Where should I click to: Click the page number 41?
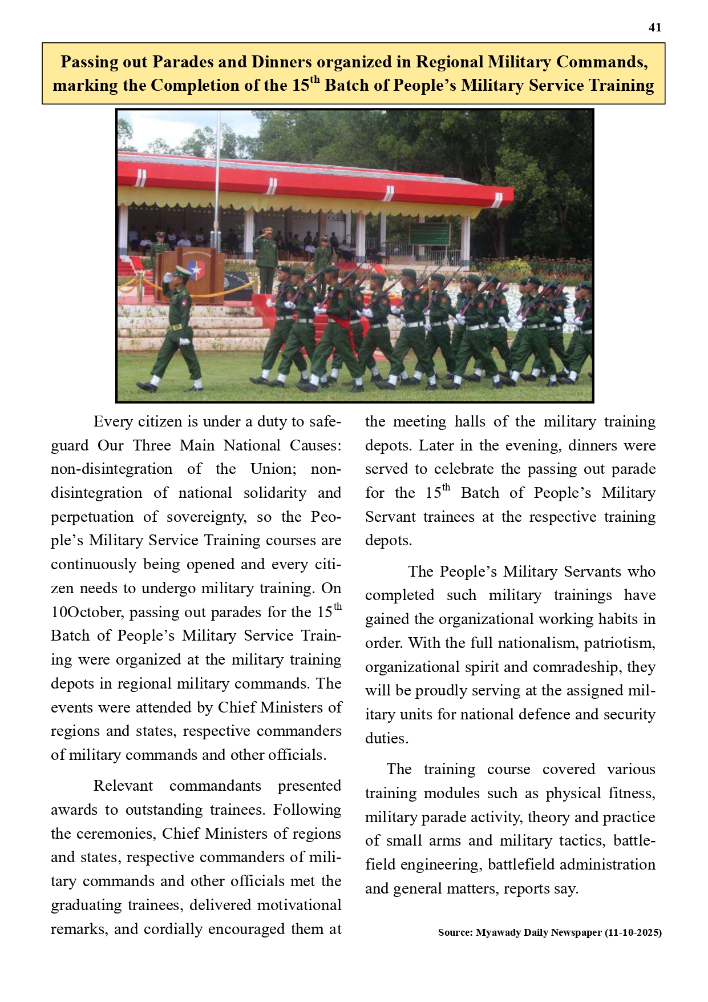pyautogui.click(x=655, y=27)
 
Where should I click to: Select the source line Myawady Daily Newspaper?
pyautogui.click(x=539, y=932)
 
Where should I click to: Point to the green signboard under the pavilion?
pyautogui.click(x=429, y=233)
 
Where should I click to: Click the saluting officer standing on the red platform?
pyautogui.click(x=266, y=257)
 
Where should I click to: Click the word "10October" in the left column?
pyautogui.click(x=87, y=613)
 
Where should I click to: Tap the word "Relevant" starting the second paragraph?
pyautogui.click(x=123, y=786)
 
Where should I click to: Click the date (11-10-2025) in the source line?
pyautogui.click(x=633, y=932)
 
